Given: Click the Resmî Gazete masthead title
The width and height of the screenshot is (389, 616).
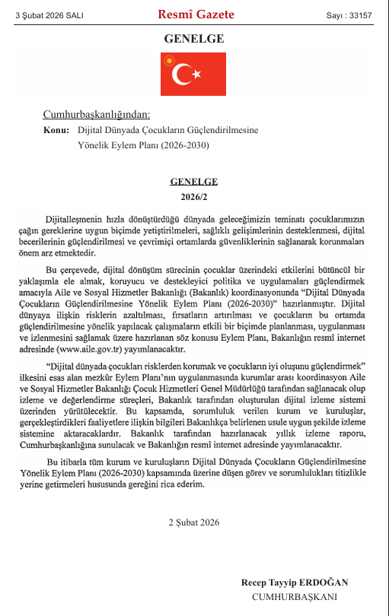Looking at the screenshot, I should tap(196, 14).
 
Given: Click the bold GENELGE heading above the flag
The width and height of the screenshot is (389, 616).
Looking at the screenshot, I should tap(194, 38).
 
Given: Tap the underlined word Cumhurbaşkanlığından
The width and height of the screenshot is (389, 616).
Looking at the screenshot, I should tap(97, 115).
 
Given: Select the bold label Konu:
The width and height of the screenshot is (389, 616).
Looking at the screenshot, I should tap(57, 130).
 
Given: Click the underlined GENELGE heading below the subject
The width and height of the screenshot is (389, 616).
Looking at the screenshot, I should tap(195, 182).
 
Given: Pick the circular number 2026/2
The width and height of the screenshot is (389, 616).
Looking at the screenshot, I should tap(195, 196).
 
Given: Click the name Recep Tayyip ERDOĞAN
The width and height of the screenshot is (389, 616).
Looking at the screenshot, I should tap(295, 582).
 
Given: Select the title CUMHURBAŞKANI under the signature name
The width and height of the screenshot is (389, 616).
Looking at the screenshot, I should tap(295, 597).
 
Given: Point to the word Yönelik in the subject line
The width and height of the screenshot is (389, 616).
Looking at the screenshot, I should tap(94, 144).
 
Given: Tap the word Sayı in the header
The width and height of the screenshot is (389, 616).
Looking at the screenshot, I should tap(334, 15).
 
